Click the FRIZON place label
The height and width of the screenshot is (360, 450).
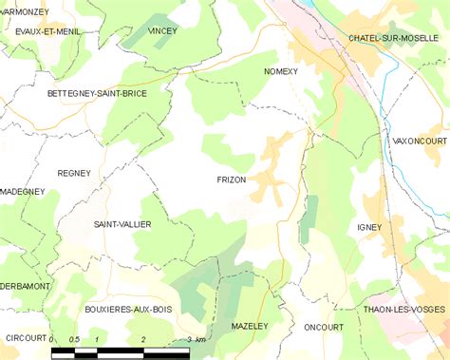231,180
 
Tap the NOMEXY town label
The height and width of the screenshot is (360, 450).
282,71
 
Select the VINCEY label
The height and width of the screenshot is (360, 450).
162,31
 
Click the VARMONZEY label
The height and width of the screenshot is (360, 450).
25,10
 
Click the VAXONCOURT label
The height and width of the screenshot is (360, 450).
420,141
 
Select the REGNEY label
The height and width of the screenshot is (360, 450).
74,173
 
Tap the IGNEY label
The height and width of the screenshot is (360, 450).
369,227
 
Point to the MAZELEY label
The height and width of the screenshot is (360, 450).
250,326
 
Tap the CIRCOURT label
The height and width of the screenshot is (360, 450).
24,337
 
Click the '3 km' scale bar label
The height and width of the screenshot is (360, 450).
197,339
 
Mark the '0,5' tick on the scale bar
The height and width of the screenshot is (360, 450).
73,339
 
